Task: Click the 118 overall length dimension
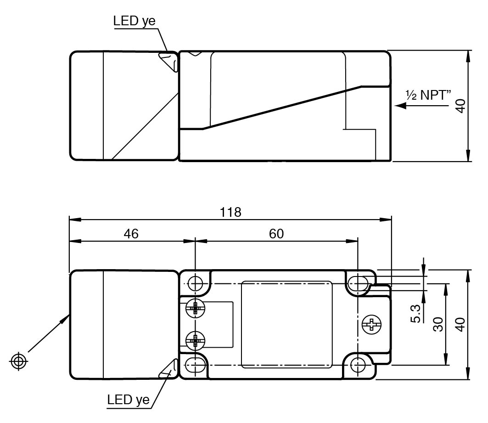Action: [231, 212]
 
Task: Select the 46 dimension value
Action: [131, 233]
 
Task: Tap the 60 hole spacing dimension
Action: [276, 233]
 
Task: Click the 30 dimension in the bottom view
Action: [438, 324]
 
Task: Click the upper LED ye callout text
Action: [135, 21]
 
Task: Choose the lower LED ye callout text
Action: [129, 399]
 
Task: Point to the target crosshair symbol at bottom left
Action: [18, 361]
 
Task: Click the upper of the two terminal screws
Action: [196, 309]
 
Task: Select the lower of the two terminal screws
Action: [196, 340]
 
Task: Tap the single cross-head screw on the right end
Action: [371, 324]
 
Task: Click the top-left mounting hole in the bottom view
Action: [196, 283]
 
